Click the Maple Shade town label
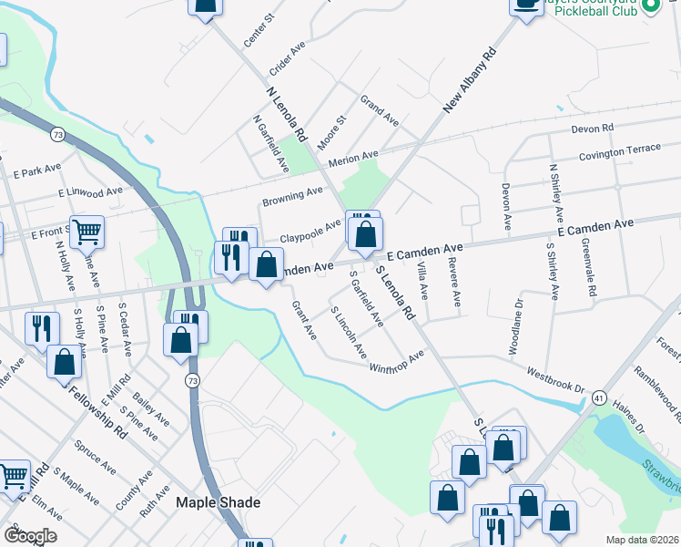[x=218, y=503]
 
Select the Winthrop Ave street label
[x=397, y=362]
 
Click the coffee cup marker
[x=525, y=5]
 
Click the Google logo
[x=29, y=536]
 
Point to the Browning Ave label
[x=292, y=196]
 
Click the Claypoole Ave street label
[x=310, y=229]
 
